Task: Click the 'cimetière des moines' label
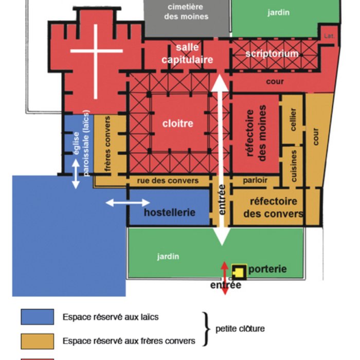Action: pyautogui.click(x=186, y=11)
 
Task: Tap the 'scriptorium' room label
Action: pyautogui.click(x=272, y=53)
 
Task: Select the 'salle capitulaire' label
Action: pyautogui.click(x=187, y=53)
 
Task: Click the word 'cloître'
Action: pyautogui.click(x=177, y=123)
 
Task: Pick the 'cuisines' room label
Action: pyautogui.click(x=294, y=166)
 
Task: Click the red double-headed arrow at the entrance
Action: pyautogui.click(x=224, y=278)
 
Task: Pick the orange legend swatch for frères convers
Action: pyautogui.click(x=37, y=340)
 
